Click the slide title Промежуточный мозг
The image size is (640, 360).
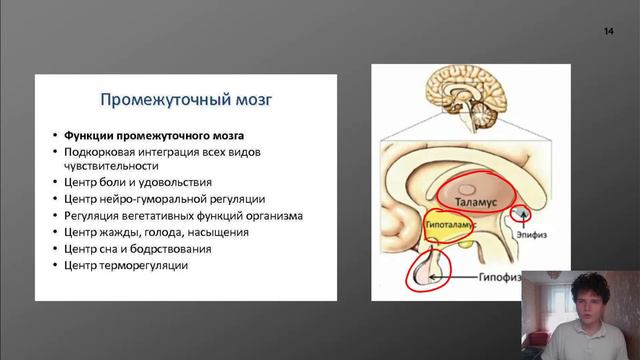point(187,100)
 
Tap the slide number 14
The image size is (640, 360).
point(609,33)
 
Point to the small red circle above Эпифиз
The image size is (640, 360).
point(520,213)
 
